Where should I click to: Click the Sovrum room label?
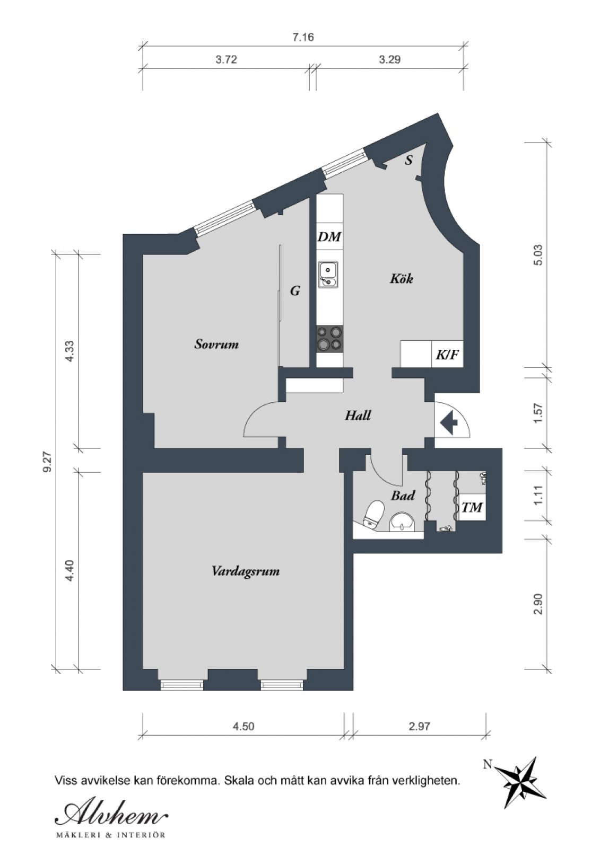(216, 344)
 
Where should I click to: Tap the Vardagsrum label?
(246, 571)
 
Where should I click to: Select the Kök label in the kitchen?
(402, 279)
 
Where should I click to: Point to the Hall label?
(358, 416)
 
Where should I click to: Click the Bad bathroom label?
(403, 495)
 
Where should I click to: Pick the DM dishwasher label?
(329, 237)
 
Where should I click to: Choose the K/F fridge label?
(447, 355)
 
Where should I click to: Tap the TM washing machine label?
(472, 507)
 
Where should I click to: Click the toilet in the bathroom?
(372, 514)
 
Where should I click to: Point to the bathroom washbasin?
(402, 523)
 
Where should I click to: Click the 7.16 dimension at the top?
(303, 37)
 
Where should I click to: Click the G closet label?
(295, 291)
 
